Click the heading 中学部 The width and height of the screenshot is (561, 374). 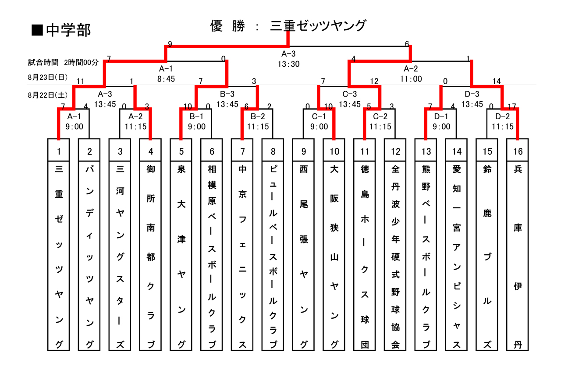[x=68, y=30]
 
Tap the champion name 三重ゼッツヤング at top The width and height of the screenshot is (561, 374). [x=318, y=26]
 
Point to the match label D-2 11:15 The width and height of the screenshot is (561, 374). [x=503, y=121]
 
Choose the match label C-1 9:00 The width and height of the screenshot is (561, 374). [x=319, y=121]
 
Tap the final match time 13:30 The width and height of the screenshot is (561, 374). [x=288, y=64]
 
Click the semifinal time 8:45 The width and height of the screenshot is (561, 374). [x=166, y=79]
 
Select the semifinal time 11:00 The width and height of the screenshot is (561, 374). [x=411, y=79]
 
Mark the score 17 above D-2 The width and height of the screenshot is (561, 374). [x=512, y=107]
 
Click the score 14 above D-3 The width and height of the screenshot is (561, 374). [x=497, y=81]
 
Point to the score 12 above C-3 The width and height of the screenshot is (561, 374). [x=374, y=81]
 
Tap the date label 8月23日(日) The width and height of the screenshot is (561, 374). [x=48, y=77]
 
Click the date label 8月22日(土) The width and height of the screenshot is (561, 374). [x=48, y=95]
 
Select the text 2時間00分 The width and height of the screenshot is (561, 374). [x=81, y=62]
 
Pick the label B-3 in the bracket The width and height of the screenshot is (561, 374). [x=227, y=94]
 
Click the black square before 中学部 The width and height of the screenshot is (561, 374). [x=37, y=30]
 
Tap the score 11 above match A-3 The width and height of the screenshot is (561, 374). [x=80, y=81]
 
